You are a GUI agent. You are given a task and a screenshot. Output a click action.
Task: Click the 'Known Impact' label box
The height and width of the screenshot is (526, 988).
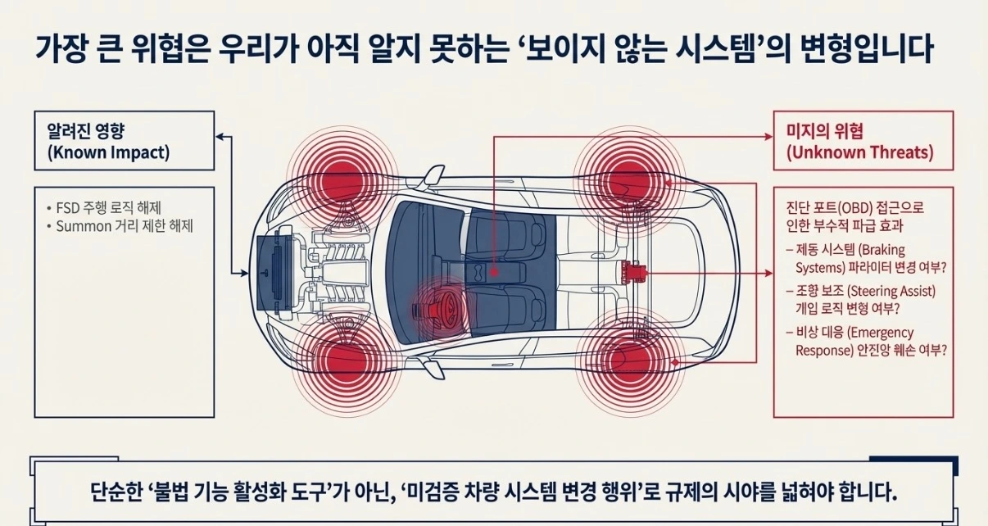click(x=125, y=141)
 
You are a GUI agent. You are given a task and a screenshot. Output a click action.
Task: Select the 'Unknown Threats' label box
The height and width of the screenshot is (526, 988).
click(x=863, y=141)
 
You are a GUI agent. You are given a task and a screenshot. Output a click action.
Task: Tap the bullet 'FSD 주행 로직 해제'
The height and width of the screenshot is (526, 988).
click(x=104, y=207)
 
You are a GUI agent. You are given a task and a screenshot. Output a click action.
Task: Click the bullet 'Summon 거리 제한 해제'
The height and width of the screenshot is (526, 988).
click(x=120, y=226)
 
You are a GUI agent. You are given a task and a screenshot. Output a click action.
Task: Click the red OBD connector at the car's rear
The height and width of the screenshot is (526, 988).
click(x=633, y=273)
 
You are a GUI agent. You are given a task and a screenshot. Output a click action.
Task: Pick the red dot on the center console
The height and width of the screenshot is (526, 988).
click(x=494, y=273)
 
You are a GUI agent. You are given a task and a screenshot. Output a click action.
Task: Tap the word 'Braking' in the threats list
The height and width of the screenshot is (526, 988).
click(x=881, y=250)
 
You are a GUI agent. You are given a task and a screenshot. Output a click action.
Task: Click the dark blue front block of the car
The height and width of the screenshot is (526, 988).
click(x=274, y=272)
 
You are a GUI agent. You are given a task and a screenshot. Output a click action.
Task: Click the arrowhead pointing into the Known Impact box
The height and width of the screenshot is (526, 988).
click(x=220, y=137)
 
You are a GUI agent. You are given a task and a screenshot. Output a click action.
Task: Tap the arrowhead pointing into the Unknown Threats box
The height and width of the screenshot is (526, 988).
click(x=768, y=137)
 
